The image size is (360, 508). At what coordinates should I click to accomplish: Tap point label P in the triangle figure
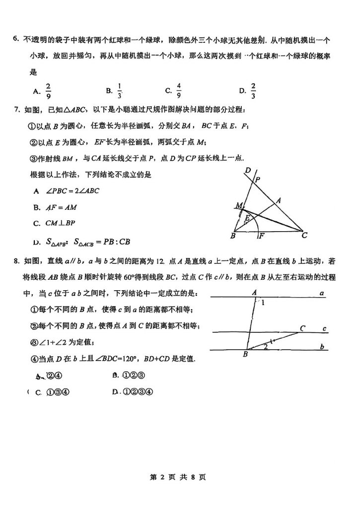(257, 181)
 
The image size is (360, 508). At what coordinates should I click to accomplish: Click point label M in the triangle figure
(239, 205)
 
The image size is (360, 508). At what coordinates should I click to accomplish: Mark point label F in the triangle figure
(261, 236)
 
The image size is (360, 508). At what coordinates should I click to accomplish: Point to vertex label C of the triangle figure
(304, 236)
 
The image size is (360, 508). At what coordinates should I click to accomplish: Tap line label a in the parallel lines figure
(322, 293)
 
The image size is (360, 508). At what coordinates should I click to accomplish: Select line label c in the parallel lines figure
(324, 328)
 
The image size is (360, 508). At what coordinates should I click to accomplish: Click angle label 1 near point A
(263, 302)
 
